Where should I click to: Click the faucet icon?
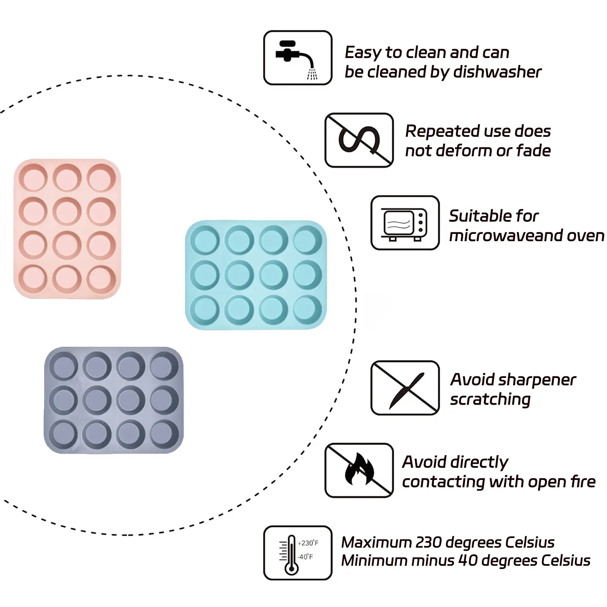(x=297, y=58)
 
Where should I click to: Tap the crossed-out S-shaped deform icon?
(x=359, y=140)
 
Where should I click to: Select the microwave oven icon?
(x=405, y=223)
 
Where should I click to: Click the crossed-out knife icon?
(x=405, y=388)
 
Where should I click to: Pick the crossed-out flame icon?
(x=359, y=470)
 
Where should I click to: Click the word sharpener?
(x=537, y=380)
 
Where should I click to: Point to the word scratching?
(x=490, y=399)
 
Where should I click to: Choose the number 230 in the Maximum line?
(x=429, y=542)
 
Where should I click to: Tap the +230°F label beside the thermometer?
(x=308, y=543)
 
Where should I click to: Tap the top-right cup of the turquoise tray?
(x=308, y=240)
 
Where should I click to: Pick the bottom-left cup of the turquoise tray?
(x=205, y=310)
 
